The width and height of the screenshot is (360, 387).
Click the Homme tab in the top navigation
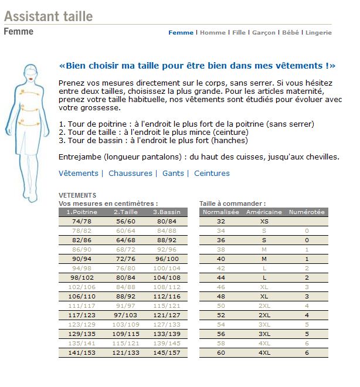click(x=212, y=33)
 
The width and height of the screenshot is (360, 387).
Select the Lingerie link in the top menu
click(x=318, y=33)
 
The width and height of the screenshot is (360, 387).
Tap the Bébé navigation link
click(x=290, y=33)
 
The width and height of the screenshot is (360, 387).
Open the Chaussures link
click(x=130, y=174)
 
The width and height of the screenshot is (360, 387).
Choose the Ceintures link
click(x=212, y=174)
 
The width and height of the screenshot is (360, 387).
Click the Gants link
click(x=173, y=174)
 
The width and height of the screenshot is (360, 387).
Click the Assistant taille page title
click(x=48, y=16)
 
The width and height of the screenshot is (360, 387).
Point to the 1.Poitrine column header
click(x=81, y=212)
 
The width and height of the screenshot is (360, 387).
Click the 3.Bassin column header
click(x=167, y=212)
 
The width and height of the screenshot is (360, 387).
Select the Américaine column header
click(x=264, y=212)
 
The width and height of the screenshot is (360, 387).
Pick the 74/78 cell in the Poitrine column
click(x=81, y=221)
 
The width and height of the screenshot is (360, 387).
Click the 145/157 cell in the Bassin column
click(x=167, y=353)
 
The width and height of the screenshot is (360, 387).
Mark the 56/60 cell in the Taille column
click(x=125, y=221)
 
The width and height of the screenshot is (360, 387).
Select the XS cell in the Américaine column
click(x=264, y=221)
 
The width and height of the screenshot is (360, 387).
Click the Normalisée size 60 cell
click(x=221, y=353)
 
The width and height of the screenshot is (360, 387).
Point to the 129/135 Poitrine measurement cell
click(x=81, y=334)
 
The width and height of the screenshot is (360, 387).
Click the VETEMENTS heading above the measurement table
click(x=77, y=195)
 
